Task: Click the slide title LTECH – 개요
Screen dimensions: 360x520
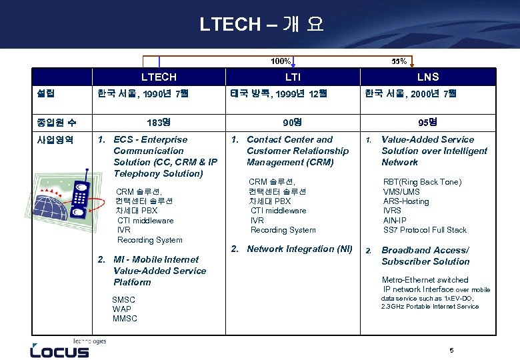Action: coord(261,25)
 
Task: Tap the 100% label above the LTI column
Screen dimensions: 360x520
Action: coord(280,62)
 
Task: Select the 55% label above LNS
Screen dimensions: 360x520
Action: coord(399,62)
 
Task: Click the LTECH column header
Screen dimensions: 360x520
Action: coord(159,77)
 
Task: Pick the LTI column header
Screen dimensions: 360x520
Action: coord(293,77)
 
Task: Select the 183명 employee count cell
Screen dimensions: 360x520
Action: coord(159,123)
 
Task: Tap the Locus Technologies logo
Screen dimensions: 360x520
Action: coord(60,349)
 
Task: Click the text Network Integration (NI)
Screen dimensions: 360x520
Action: coord(299,249)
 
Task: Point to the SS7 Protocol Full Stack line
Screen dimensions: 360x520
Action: coord(425,230)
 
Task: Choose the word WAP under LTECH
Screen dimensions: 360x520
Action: coord(122,309)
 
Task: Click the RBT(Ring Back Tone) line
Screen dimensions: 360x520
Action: coord(422,182)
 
